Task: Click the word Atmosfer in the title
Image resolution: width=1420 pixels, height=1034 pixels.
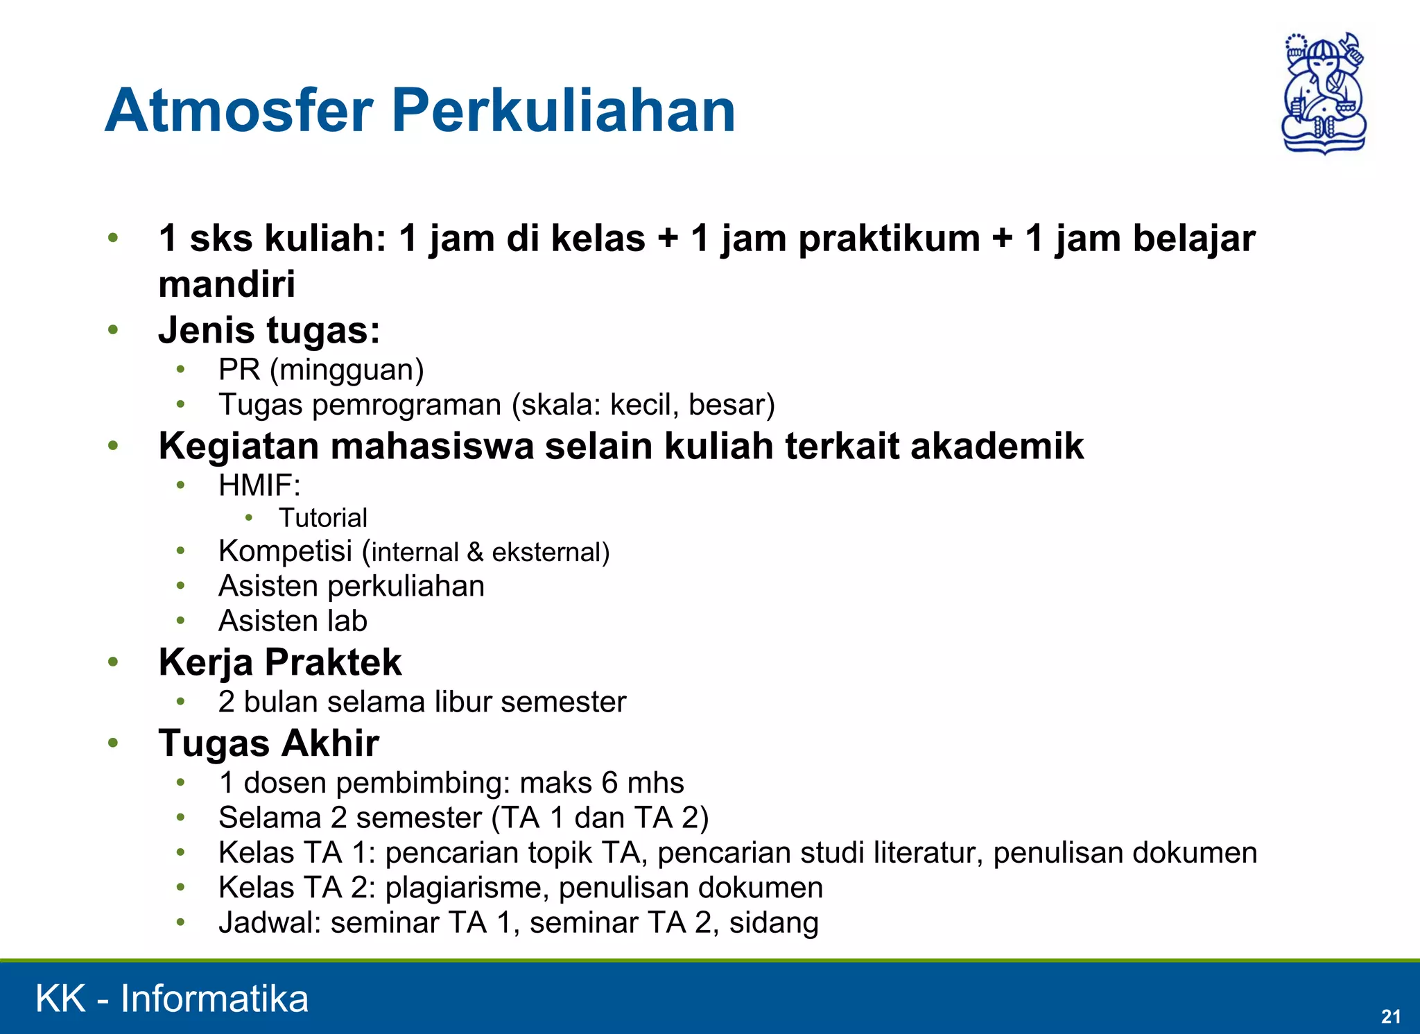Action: click(x=239, y=111)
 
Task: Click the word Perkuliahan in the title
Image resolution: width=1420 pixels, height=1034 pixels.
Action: click(x=563, y=111)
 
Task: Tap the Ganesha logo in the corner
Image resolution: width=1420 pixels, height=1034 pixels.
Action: click(x=1323, y=93)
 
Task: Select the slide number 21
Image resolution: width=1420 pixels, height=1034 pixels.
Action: click(x=1390, y=1016)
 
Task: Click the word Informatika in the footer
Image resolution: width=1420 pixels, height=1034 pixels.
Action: click(x=214, y=999)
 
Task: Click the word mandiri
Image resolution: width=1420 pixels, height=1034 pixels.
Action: click(x=227, y=284)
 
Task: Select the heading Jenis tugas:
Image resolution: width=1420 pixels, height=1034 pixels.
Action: click(x=269, y=330)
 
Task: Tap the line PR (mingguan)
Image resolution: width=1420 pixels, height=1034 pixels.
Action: click(x=320, y=370)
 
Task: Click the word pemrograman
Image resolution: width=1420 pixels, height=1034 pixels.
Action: click(x=406, y=405)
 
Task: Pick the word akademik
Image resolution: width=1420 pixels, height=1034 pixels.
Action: click(x=997, y=446)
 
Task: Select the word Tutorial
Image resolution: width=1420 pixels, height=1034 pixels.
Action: click(x=323, y=518)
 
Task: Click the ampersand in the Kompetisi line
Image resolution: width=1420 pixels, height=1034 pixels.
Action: click(x=475, y=553)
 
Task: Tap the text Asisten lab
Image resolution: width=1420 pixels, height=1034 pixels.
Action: click(x=293, y=621)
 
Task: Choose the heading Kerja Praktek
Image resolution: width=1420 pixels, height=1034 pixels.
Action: click(x=279, y=662)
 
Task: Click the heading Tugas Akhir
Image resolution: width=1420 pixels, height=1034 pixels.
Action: click(x=268, y=743)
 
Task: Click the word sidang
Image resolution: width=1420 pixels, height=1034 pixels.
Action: click(x=774, y=923)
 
